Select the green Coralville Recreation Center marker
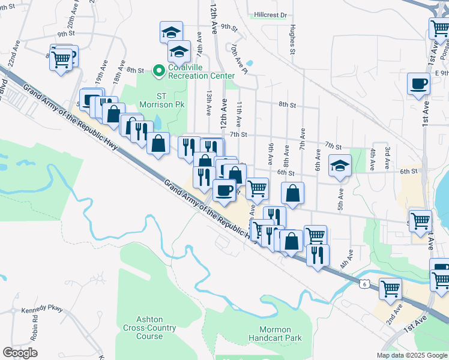point(159,71)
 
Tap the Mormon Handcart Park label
point(275,334)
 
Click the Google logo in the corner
point(20,353)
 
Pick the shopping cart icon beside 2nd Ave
point(390,289)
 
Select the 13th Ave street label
point(208,103)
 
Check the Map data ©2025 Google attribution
point(411,355)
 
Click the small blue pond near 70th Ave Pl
point(249,62)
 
